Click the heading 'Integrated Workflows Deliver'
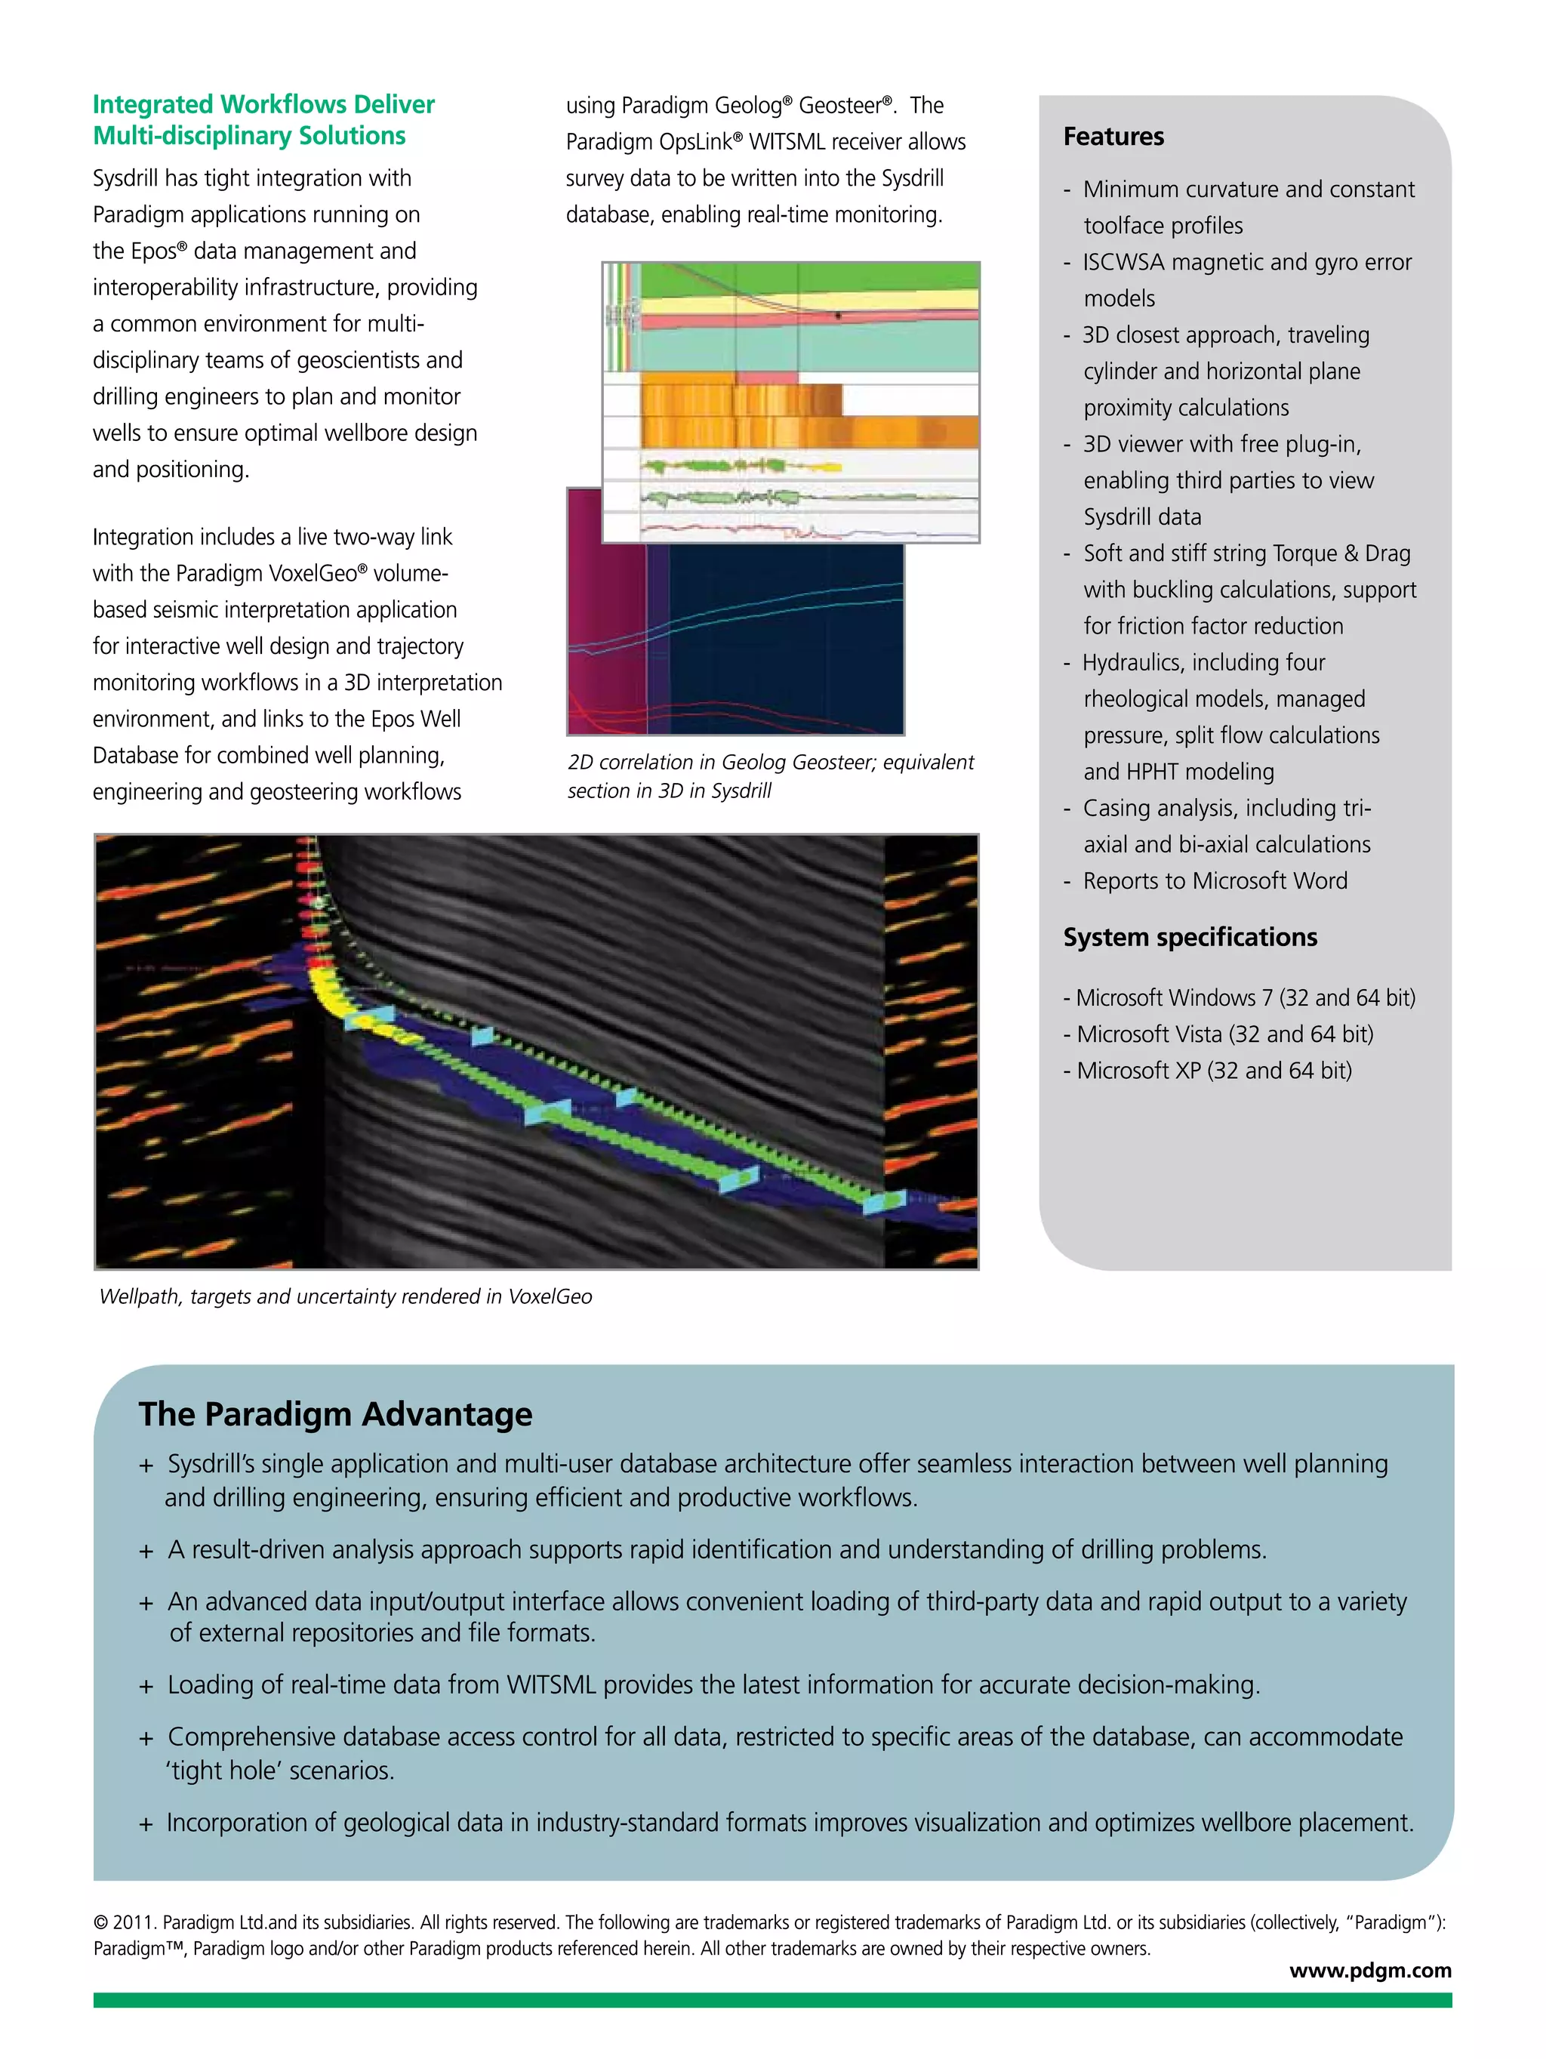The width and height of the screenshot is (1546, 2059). (x=263, y=104)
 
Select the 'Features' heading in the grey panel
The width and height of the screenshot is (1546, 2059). (x=1113, y=137)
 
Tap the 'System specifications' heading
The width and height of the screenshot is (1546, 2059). (x=1190, y=937)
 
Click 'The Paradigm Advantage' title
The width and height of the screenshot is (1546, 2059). (x=335, y=1414)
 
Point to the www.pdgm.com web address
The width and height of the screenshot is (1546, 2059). (x=1369, y=1970)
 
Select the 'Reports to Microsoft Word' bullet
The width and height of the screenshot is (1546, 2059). (x=1214, y=880)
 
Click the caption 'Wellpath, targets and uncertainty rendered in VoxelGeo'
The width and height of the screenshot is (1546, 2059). (x=345, y=1296)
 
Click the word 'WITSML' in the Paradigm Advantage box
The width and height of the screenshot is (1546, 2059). (x=551, y=1684)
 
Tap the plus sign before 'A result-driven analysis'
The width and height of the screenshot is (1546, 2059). (x=146, y=1551)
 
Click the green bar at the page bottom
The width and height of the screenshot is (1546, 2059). (x=771, y=1999)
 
